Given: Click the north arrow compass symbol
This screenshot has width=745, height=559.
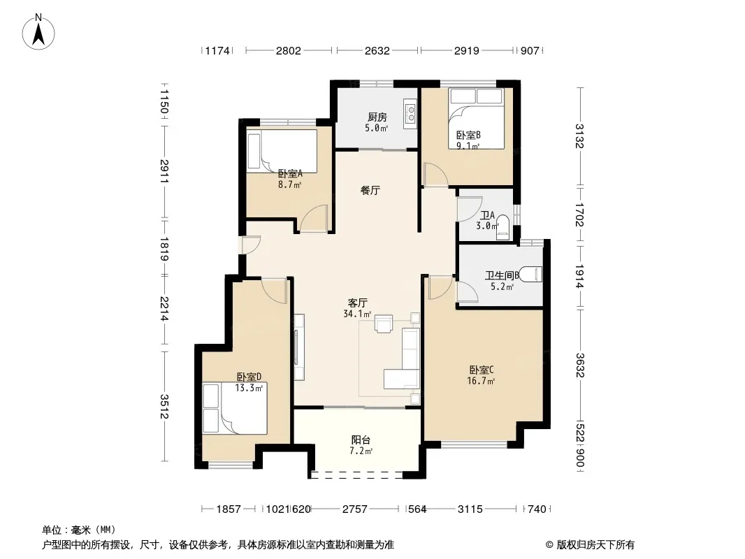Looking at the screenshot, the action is [x=38, y=32].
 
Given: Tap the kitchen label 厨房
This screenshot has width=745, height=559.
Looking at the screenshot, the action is [x=377, y=117].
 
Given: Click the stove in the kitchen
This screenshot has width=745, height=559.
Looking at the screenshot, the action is [x=410, y=113].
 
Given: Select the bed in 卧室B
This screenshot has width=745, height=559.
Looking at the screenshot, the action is [x=476, y=119].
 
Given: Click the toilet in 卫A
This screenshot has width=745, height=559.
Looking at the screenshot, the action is [x=502, y=228].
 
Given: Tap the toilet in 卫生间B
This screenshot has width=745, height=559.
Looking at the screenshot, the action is [x=530, y=275].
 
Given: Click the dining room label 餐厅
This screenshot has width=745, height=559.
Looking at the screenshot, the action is [x=370, y=191].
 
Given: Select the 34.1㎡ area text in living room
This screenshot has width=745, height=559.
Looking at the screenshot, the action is [x=357, y=314].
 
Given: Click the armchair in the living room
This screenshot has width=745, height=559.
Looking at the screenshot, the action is [x=384, y=324].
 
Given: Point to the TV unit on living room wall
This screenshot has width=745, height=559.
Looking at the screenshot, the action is [x=298, y=347].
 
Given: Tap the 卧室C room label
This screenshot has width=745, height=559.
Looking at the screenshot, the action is [x=482, y=370].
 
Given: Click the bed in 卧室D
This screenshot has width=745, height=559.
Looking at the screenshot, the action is [x=235, y=409].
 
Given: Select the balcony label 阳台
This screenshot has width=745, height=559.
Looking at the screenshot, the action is [x=361, y=440].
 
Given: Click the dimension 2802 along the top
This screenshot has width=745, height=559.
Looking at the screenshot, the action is [x=289, y=50].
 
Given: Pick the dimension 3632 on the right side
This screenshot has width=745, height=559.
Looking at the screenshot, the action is [x=579, y=365].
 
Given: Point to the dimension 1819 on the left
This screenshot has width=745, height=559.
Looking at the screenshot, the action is [x=164, y=249].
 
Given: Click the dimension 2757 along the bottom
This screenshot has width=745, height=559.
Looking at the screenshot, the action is [x=355, y=509].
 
